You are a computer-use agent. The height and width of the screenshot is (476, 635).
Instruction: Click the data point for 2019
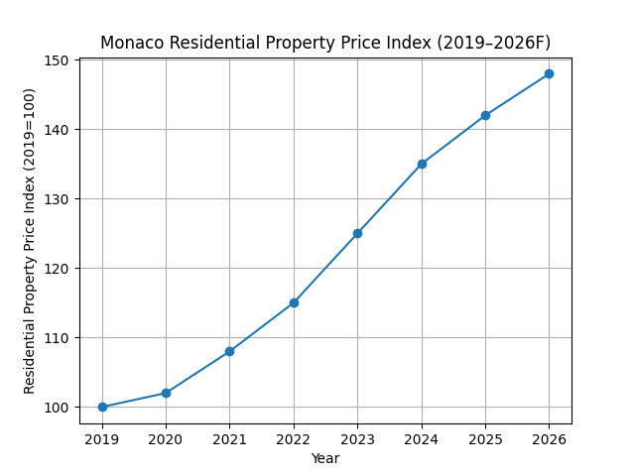pos(102,407)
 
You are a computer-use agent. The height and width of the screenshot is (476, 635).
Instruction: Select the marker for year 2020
pos(166,393)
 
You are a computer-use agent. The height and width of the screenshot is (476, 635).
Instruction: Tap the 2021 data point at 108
pos(229,351)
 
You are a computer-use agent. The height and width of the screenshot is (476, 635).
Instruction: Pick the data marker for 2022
pos(294,302)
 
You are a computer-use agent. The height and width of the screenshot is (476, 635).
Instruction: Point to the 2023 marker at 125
pos(357,233)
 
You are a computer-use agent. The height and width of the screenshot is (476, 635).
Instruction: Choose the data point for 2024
pos(422,164)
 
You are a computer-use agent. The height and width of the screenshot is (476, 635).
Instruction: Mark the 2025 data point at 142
pos(485,115)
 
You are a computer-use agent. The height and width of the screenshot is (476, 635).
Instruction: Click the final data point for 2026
pos(549,73)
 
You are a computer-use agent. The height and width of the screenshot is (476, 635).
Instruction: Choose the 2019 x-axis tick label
pos(102,438)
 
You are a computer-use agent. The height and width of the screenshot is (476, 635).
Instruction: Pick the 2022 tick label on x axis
pos(294,438)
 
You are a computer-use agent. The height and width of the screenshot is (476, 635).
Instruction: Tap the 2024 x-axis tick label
pos(422,438)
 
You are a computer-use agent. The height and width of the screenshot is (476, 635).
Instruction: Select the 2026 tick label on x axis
pos(549,438)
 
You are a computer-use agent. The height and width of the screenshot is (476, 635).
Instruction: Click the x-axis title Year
pos(325,458)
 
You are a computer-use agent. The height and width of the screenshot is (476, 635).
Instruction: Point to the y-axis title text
pos(30,241)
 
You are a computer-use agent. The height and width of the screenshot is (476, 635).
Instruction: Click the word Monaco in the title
pos(130,43)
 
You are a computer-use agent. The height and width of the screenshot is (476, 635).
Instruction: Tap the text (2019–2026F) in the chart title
pos(488,43)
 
